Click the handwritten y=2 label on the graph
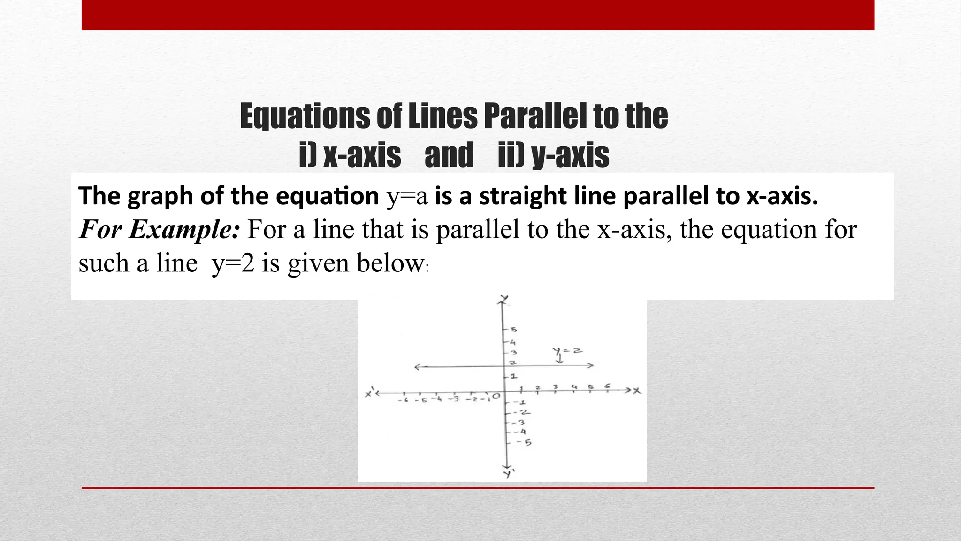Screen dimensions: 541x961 (x=567, y=351)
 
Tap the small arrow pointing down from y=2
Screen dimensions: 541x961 (x=560, y=360)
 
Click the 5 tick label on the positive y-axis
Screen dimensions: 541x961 (x=513, y=330)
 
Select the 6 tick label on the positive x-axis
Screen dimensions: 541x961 (x=608, y=386)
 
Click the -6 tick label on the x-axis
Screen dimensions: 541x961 (x=403, y=400)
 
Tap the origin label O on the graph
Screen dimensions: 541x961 (x=496, y=397)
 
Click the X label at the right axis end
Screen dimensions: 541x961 (x=637, y=391)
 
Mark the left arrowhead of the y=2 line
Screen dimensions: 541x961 (x=417, y=367)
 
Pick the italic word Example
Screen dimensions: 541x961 (x=183, y=230)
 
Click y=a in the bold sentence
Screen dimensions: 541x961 (x=407, y=196)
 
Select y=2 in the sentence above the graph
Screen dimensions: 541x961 (x=233, y=263)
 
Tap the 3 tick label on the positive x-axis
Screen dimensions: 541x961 (x=556, y=387)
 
